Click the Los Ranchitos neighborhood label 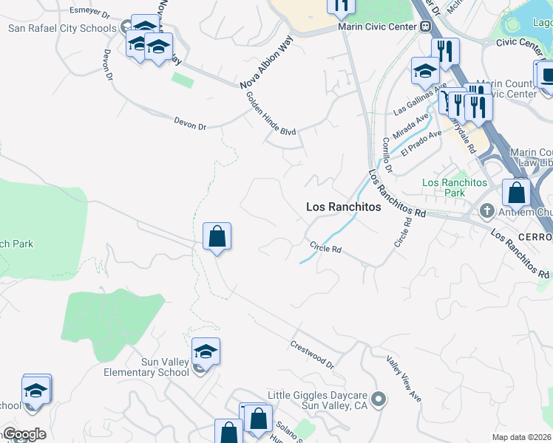(x=344, y=207)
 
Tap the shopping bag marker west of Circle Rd (x=217, y=237)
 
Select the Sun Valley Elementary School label (x=155, y=367)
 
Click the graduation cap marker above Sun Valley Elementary (x=206, y=351)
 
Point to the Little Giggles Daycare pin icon (x=379, y=400)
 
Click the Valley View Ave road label (x=404, y=380)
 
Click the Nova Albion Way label (x=262, y=63)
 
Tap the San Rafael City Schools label (x=62, y=28)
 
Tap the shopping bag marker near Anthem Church (x=517, y=193)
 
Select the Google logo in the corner (x=24, y=434)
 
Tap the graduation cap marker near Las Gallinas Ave (x=425, y=72)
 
